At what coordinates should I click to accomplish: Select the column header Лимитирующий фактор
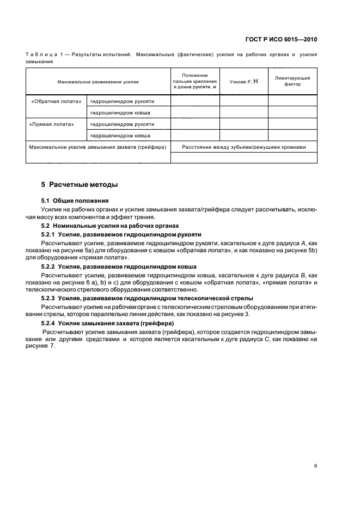coord(292,81)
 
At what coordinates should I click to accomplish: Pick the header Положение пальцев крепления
coord(194,78)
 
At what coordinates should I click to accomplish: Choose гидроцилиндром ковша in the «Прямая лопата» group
coord(120,135)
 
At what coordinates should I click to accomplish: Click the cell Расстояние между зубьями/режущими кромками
coord(243,147)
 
